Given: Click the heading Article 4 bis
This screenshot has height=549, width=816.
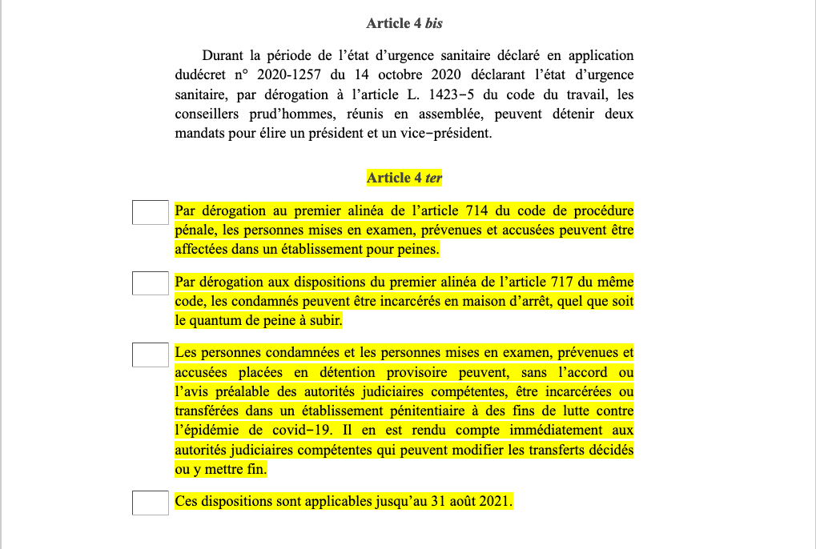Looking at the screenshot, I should (x=404, y=23).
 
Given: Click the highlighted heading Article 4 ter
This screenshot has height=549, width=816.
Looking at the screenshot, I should (x=404, y=178).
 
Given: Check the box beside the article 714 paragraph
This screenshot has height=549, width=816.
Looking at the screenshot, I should (x=150, y=212).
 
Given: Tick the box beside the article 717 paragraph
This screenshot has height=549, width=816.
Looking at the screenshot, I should (x=150, y=283).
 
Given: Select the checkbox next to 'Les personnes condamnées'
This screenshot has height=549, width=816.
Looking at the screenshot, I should (x=150, y=354).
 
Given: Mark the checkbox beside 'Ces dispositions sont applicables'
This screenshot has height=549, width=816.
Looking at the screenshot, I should (x=150, y=503).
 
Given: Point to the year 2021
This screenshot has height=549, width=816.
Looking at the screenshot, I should (x=494, y=503).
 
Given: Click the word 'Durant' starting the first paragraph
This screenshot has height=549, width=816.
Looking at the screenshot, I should (x=223, y=56).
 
